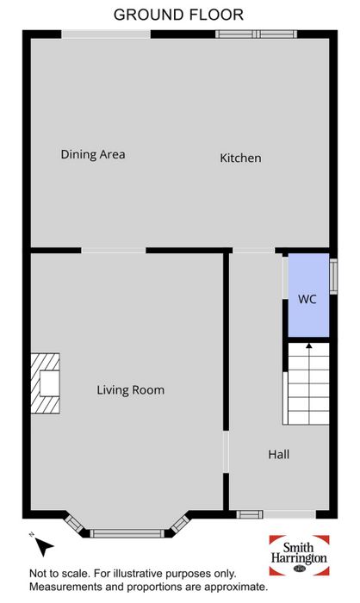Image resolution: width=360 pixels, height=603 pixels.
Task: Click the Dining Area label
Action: (x=93, y=154)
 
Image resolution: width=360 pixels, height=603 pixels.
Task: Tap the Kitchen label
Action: (x=240, y=158)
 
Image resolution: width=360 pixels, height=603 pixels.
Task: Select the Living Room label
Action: (x=130, y=390)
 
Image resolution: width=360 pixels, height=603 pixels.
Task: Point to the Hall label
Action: (x=278, y=455)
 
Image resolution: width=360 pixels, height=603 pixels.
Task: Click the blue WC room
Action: (x=308, y=295)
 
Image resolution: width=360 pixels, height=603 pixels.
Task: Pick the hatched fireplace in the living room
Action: (x=46, y=383)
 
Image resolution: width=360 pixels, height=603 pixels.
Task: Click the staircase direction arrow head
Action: (x=308, y=345)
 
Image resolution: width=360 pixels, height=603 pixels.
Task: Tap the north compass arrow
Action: (x=44, y=545)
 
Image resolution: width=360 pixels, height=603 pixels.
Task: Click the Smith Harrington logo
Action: (x=299, y=555)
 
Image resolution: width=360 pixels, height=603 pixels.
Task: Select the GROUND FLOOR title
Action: (x=178, y=15)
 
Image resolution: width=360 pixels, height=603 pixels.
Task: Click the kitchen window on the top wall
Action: (x=256, y=34)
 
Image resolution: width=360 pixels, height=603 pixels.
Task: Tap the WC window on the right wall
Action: (x=333, y=277)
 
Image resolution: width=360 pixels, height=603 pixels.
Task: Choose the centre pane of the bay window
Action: (x=127, y=533)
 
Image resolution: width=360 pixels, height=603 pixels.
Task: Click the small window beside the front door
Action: (x=250, y=514)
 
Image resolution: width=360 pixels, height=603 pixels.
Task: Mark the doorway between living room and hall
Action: (x=226, y=452)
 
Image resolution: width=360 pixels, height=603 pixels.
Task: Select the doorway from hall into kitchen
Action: (x=254, y=251)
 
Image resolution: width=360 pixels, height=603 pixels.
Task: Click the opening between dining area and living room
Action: (x=114, y=251)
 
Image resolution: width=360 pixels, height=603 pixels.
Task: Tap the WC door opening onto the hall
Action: (x=285, y=277)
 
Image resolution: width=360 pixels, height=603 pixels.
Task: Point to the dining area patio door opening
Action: (x=106, y=34)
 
